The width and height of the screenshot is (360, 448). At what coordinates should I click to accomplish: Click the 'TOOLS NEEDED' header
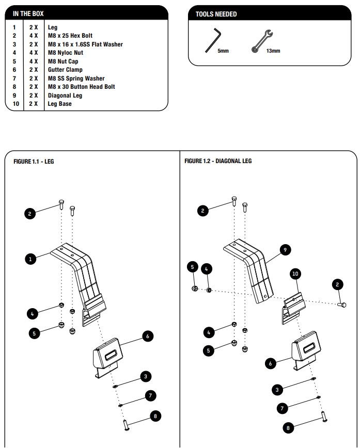tap(216, 14)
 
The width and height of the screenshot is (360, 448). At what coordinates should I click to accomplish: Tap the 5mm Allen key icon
tap(213, 40)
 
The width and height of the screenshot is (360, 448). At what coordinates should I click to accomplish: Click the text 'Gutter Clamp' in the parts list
tap(65, 70)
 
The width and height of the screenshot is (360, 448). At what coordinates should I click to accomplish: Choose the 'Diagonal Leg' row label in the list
tap(65, 95)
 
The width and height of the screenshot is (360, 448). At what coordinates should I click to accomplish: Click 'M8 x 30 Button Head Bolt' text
tap(81, 87)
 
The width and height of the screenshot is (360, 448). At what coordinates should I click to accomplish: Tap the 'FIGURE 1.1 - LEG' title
tap(34, 162)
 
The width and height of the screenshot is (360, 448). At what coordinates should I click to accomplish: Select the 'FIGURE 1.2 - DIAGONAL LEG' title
tap(218, 162)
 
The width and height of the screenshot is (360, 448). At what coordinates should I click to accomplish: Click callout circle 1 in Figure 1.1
tap(30, 259)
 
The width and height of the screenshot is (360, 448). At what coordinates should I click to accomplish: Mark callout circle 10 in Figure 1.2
tap(296, 274)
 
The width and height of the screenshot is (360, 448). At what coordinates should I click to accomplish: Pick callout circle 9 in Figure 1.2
tap(284, 250)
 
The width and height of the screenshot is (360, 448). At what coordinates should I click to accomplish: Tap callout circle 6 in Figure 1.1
tap(147, 336)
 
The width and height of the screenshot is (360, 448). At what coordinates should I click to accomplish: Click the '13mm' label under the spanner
tap(273, 52)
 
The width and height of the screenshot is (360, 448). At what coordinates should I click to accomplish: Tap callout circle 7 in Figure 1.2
tap(282, 408)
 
